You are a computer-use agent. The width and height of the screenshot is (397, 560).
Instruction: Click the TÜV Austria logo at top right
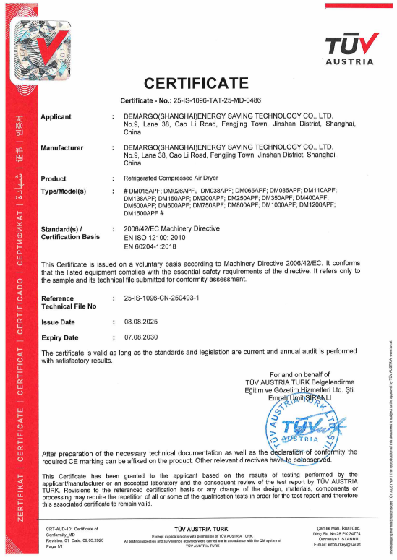click(350, 46)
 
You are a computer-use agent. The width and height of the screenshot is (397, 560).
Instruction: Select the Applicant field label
click(56, 116)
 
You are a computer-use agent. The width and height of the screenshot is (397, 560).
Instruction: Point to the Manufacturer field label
click(62, 148)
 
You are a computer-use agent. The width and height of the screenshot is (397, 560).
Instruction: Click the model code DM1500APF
click(144, 213)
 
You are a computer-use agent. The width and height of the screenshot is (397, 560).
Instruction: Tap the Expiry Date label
click(60, 337)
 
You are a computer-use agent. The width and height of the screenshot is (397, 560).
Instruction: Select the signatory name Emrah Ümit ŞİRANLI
click(299, 397)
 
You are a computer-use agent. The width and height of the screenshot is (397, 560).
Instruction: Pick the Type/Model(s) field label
click(64, 191)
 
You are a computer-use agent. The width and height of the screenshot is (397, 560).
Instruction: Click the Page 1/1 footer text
click(56, 546)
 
